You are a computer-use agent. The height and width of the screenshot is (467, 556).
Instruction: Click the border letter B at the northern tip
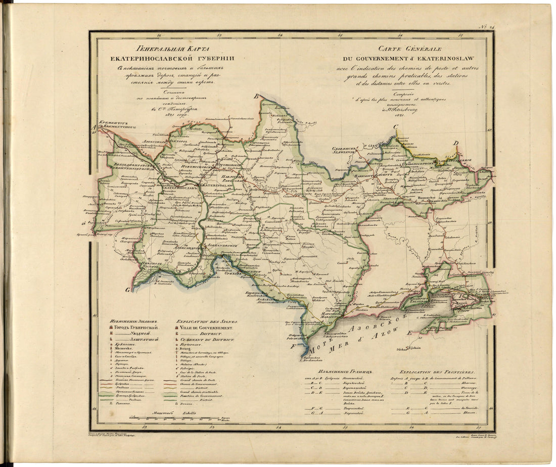[256, 96]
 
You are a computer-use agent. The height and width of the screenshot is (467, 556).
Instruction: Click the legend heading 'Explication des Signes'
[207, 321]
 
